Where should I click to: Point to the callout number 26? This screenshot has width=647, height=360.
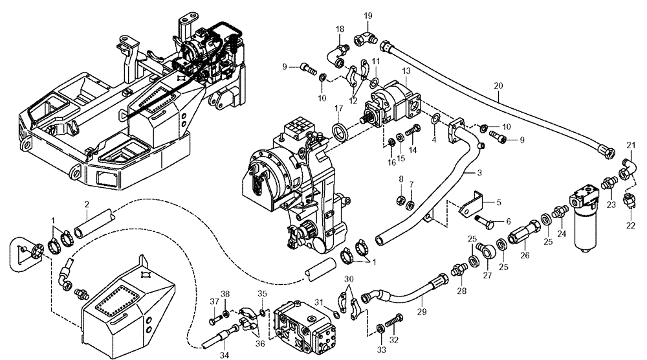click(x=525, y=255)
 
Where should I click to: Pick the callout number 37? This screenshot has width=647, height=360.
click(x=212, y=301)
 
